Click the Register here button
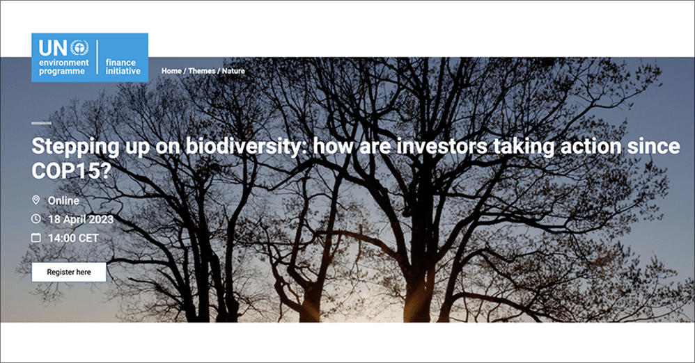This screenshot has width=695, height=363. (69, 273)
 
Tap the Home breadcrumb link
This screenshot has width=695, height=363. (171, 71)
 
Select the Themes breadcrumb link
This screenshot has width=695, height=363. (202, 71)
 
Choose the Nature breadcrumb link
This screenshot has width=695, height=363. (233, 71)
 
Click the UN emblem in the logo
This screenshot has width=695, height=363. (79, 47)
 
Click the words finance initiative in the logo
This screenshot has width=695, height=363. (123, 67)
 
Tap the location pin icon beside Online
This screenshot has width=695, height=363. (36, 200)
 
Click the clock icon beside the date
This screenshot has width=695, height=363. (36, 218)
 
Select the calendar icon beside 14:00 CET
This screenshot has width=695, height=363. (36, 238)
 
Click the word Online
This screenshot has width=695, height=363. (64, 200)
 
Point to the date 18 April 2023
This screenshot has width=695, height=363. (81, 220)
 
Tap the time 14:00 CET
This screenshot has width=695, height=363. (73, 238)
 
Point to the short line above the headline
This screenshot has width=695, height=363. (41, 122)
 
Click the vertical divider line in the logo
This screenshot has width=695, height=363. (97, 56)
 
